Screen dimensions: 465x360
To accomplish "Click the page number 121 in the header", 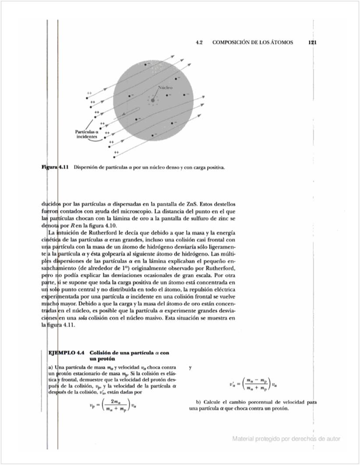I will click(312, 42).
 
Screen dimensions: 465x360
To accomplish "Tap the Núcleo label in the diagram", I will click(165, 88).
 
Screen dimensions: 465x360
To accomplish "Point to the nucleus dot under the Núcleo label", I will click(152, 100).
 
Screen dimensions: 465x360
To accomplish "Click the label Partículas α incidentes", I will click(85, 134).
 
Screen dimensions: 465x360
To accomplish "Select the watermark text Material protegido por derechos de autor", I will click(286, 438).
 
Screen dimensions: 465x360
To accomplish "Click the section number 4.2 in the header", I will click(200, 42).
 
